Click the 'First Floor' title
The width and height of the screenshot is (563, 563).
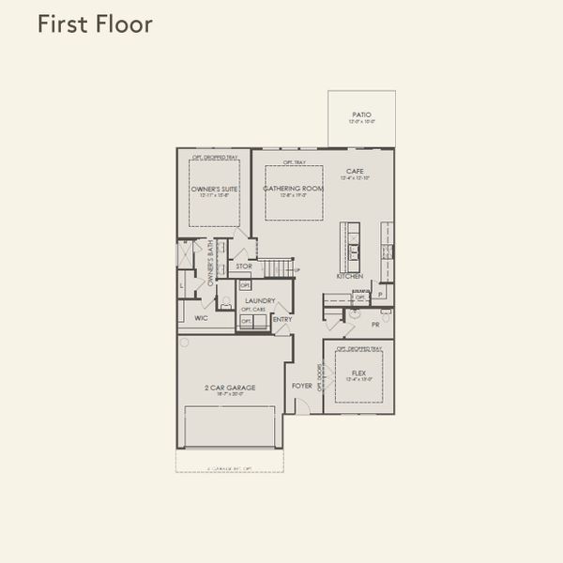[94, 24]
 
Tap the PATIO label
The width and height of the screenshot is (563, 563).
[361, 114]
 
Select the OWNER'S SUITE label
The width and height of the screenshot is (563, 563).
[214, 189]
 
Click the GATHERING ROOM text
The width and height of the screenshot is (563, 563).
[293, 189]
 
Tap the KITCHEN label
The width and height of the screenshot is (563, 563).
[350, 276]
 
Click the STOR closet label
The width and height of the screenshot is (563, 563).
[243, 266]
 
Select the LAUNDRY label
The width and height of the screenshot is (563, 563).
[259, 300]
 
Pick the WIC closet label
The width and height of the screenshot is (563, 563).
[201, 318]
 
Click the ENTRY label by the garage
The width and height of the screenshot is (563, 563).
[281, 319]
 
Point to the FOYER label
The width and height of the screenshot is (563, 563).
[302, 386]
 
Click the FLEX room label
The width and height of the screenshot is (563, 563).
[360, 373]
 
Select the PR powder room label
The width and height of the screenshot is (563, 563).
[375, 325]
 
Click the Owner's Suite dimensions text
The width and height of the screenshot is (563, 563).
[214, 195]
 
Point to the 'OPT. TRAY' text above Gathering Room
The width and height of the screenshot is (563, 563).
[294, 162]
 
